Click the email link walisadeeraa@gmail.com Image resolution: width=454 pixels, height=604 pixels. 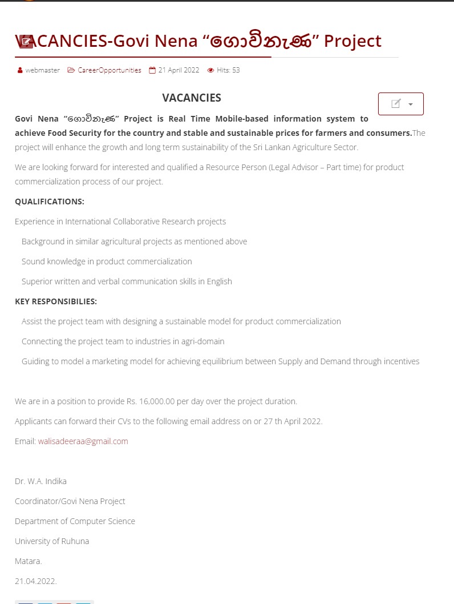[x=83, y=441]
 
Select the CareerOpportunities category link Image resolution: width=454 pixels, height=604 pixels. [x=109, y=70]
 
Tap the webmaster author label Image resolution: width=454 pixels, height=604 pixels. [x=42, y=70]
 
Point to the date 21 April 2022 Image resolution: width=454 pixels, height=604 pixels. [x=179, y=70]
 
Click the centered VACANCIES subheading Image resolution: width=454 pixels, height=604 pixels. [x=192, y=98]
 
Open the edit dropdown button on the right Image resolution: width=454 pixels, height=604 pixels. [x=400, y=104]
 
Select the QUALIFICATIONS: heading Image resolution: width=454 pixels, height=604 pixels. [x=50, y=202]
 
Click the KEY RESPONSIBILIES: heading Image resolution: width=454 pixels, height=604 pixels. [x=56, y=301]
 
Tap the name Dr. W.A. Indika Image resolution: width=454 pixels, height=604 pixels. [x=40, y=481]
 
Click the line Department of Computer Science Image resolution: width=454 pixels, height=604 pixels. [x=75, y=521]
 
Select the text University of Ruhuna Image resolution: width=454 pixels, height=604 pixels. [x=52, y=541]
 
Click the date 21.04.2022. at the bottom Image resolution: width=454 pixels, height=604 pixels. [x=36, y=581]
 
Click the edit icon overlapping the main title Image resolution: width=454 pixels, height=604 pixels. [x=26, y=41]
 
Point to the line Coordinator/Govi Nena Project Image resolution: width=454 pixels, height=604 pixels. [x=70, y=501]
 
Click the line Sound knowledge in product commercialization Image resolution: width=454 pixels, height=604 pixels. [x=107, y=261]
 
